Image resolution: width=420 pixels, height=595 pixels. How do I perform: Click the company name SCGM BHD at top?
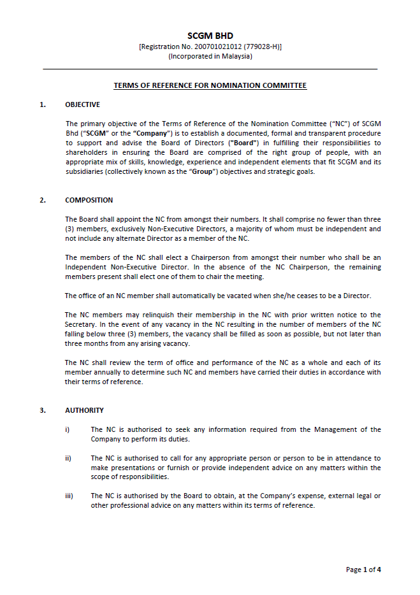[210, 36]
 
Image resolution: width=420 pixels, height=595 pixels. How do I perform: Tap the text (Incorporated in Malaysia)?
[210, 56]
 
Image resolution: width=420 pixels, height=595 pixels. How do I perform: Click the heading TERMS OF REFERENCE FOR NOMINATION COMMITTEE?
[210, 85]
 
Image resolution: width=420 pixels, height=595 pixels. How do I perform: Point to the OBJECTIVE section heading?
[82, 104]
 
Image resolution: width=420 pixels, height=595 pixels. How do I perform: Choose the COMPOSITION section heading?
[89, 200]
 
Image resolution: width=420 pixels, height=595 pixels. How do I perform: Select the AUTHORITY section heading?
[84, 410]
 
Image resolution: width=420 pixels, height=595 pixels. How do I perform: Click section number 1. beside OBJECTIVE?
[43, 104]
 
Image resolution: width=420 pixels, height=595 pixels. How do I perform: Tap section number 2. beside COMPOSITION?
[43, 200]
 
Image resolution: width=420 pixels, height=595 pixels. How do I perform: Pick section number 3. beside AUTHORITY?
[43, 410]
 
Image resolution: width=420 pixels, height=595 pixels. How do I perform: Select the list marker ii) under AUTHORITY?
[68, 458]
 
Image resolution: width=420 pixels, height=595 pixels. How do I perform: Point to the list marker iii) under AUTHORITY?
[69, 496]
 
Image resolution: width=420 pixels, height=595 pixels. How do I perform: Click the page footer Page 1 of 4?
[363, 570]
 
